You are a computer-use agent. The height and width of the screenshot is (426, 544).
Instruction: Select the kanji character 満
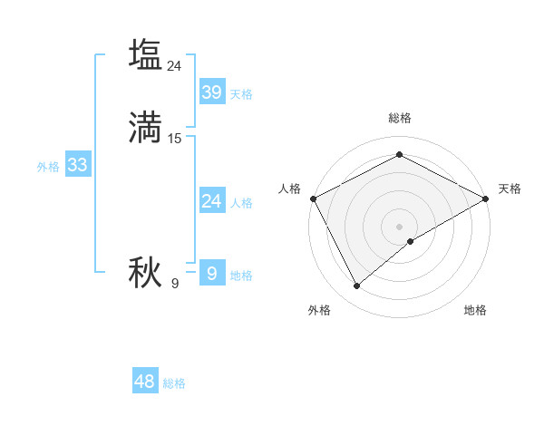click(145, 127)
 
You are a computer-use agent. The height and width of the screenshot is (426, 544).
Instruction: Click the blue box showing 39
click(211, 92)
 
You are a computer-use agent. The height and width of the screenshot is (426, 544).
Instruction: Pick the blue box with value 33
click(77, 165)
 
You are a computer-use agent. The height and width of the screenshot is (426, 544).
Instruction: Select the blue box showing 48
click(145, 382)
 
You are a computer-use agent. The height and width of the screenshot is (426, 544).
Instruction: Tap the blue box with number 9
click(211, 273)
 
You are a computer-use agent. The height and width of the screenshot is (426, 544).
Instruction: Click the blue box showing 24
click(211, 200)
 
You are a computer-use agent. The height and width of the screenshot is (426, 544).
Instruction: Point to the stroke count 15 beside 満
click(175, 139)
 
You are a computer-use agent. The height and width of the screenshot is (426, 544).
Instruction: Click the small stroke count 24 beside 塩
click(175, 66)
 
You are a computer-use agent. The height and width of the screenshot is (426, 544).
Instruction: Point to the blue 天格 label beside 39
click(241, 94)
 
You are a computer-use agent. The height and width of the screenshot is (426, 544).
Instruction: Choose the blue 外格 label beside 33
click(48, 167)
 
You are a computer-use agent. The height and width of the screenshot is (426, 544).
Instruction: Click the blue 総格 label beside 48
click(174, 384)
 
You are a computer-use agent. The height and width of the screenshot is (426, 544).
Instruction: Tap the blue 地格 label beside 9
click(241, 276)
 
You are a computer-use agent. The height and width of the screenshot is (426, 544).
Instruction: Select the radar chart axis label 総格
click(400, 118)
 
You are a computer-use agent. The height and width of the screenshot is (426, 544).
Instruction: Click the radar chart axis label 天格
click(510, 189)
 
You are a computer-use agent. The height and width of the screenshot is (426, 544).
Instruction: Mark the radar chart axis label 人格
click(289, 189)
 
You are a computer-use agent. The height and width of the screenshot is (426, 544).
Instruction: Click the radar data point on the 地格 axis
click(411, 241)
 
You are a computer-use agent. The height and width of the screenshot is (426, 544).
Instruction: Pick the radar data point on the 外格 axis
click(357, 286)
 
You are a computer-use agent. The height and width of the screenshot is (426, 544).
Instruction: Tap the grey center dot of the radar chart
click(400, 226)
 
